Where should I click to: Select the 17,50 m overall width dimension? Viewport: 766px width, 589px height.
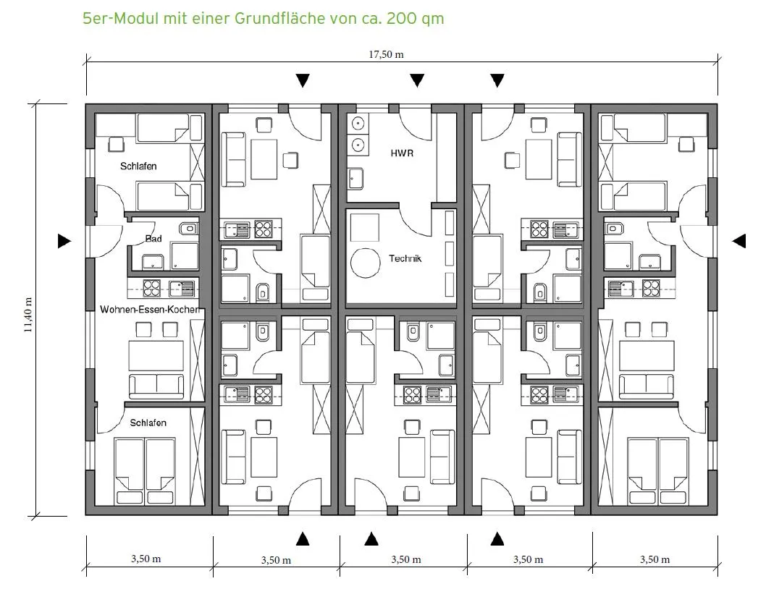(386, 54)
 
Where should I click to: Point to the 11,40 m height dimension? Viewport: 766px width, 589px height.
(28, 315)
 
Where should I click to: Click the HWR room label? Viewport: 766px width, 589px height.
(402, 153)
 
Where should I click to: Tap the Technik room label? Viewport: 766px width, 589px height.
(405, 258)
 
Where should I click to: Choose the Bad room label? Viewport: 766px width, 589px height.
(153, 239)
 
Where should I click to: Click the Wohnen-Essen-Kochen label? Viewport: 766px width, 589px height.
(149, 309)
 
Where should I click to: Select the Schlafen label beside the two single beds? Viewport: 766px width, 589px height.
(138, 166)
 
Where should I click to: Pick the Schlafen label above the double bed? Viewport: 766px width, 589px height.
(148, 423)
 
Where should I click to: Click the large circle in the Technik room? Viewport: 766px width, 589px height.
(366, 263)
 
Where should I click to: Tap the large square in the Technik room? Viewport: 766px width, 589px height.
(365, 228)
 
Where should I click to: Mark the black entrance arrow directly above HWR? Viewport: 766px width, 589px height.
(417, 80)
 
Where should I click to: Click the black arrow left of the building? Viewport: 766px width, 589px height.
(64, 241)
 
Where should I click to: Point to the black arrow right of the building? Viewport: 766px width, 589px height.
(739, 241)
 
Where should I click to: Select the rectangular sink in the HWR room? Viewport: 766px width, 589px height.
(355, 179)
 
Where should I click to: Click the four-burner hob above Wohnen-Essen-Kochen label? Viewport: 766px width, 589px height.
(152, 288)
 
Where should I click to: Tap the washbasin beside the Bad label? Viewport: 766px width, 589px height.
(188, 228)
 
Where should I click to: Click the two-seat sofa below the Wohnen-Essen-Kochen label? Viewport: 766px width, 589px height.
(156, 386)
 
